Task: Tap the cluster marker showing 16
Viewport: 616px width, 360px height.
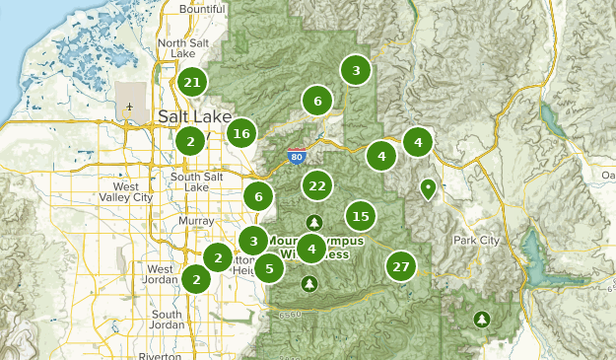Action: pos(242,133)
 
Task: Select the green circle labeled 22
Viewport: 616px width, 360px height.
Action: pos(317,185)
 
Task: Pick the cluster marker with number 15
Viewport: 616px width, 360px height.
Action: pos(361,216)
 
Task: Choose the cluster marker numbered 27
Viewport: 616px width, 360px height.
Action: pos(400,266)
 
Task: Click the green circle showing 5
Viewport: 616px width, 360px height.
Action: pos(269,266)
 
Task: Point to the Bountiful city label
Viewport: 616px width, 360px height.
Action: pos(202,9)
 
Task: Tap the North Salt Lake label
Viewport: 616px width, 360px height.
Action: pos(184,48)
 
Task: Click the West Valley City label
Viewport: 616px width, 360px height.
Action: pos(132,191)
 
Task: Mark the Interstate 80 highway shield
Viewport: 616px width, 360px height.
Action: pos(297,156)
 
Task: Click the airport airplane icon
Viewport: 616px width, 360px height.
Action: pos(130,106)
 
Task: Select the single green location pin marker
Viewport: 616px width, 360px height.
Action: pos(429,187)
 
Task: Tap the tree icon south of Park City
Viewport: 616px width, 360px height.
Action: pos(482,319)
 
